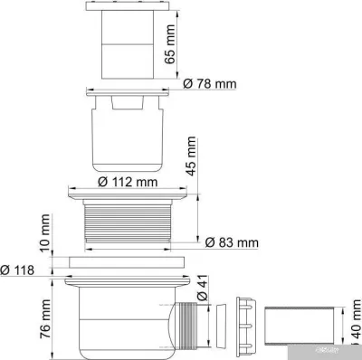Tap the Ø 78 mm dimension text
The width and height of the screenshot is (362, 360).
pos(210,83)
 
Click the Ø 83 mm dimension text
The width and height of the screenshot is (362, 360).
pos(233,242)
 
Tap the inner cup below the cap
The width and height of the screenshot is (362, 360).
pos(127,136)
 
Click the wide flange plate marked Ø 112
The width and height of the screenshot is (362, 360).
pos(128,193)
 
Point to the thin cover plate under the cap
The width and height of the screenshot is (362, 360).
pos(128,90)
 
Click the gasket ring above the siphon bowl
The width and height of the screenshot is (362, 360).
pos(128,263)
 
